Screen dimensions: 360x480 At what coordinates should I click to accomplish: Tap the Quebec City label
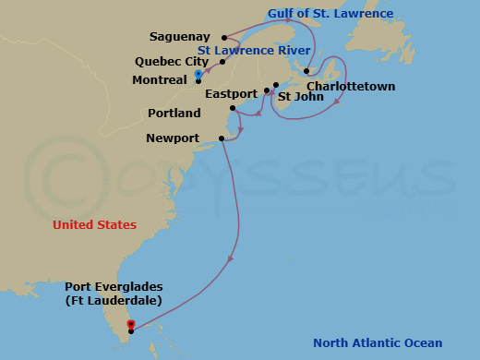pos(172,62)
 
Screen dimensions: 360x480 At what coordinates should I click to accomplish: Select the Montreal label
pos(160,80)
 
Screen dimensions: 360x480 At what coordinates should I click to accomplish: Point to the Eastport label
pos(232,94)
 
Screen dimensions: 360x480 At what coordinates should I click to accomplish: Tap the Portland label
pos(174,114)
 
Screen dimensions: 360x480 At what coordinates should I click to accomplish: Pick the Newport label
pos(173,138)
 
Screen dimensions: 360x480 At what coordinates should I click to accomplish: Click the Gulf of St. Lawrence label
pos(318,14)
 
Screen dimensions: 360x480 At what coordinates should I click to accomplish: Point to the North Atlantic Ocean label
pos(378,343)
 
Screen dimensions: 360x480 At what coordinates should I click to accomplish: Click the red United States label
pos(94,225)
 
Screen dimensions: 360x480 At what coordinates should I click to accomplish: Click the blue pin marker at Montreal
pos(198,74)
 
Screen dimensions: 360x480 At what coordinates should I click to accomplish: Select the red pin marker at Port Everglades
pos(130,324)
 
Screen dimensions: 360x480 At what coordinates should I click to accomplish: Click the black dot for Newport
pos(222,139)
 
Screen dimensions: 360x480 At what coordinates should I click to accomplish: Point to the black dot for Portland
pos(233,109)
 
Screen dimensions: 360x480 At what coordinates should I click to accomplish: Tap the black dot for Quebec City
pos(222,62)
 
